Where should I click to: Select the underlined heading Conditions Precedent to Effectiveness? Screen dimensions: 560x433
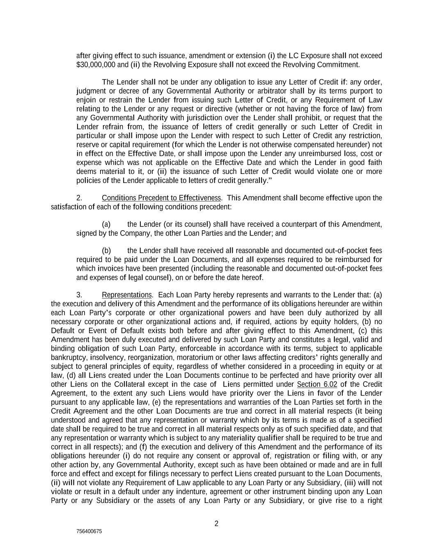click(161, 198)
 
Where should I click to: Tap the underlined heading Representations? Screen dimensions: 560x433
click(127, 295)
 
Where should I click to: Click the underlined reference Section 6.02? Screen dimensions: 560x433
click(317, 384)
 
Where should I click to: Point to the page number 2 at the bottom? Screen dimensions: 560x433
click(217, 523)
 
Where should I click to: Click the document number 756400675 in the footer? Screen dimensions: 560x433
click(89, 531)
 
